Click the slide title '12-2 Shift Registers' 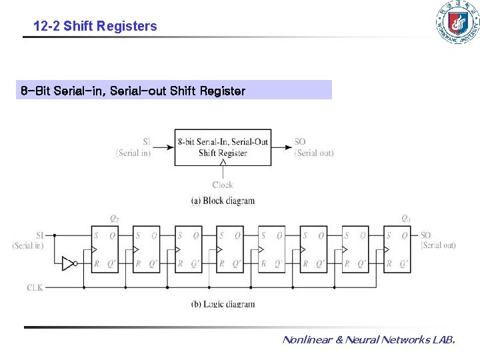(x=95, y=27)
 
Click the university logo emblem (x=457, y=23)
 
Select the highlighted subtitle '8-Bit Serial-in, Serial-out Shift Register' (x=133, y=90)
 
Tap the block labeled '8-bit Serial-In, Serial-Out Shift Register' (x=223, y=147)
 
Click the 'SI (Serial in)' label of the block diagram (x=134, y=147)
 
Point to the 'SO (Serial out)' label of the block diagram (x=313, y=147)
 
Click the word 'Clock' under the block (x=223, y=185)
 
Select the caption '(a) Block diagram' (x=223, y=201)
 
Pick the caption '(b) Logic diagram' (x=223, y=304)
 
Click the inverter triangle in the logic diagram (x=68, y=263)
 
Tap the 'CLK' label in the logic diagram (x=35, y=287)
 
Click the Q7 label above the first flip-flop (x=115, y=219)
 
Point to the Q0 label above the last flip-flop (x=406, y=219)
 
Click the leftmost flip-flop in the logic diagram (x=105, y=249)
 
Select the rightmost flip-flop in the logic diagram (x=397, y=249)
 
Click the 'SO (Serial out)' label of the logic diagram (x=437, y=241)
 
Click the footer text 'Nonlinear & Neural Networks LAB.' (x=369, y=340)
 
